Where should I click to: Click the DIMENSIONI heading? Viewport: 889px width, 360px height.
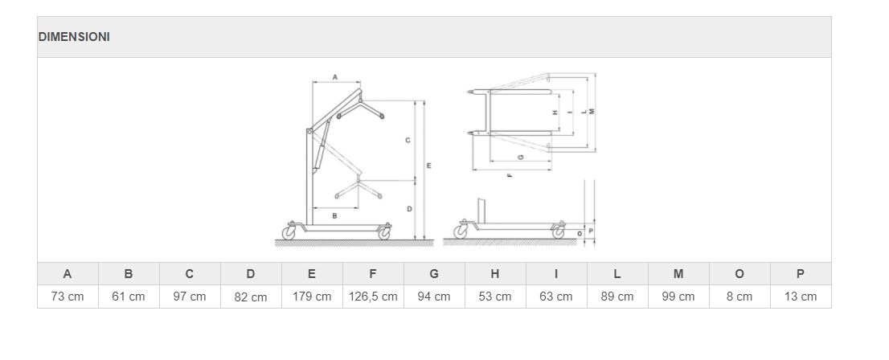[x=74, y=37]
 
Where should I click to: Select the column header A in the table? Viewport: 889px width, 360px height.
[x=68, y=274]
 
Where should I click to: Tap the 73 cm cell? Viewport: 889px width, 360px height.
[x=68, y=297]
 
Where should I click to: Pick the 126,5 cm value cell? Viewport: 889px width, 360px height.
[x=373, y=297]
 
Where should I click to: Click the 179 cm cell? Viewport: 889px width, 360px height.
[x=312, y=297]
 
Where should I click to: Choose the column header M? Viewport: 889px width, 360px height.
[x=678, y=274]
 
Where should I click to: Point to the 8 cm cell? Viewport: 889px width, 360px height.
[x=739, y=297]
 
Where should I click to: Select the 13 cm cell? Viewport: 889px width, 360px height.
[x=801, y=297]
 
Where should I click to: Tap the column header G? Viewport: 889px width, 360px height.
[x=434, y=274]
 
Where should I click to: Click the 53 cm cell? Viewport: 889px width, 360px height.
[x=495, y=297]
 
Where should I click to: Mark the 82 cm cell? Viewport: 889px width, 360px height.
[x=251, y=297]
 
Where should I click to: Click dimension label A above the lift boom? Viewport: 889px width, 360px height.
[x=335, y=77]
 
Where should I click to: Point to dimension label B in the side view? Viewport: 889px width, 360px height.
[x=335, y=216]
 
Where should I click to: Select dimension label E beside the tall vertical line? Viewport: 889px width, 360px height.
[x=428, y=166]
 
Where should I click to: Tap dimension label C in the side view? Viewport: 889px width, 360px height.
[x=408, y=141]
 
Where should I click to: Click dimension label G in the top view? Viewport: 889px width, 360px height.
[x=521, y=156]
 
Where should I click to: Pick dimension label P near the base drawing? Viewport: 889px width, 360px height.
[x=590, y=231]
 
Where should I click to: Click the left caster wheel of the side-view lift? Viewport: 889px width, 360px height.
[x=289, y=233]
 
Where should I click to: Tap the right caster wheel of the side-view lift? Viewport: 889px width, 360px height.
[x=384, y=233]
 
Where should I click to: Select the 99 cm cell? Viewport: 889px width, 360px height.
[x=678, y=297]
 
